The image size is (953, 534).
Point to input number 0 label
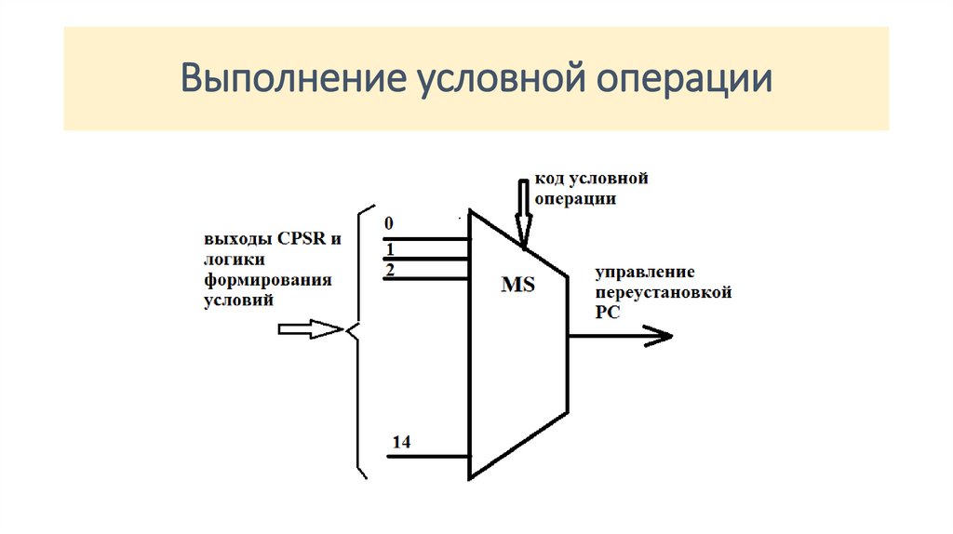coord(388,224)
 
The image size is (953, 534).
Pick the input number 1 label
coord(390,249)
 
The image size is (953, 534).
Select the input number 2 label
coord(390,269)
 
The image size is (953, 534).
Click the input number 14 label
coord(401,442)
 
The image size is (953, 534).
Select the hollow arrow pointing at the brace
coord(311,329)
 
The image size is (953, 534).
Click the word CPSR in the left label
coord(292,238)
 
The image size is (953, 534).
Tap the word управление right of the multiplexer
coord(645,272)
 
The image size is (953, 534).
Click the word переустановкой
coord(663,292)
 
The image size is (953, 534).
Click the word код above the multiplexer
coord(547,178)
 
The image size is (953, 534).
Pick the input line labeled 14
coord(428,456)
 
